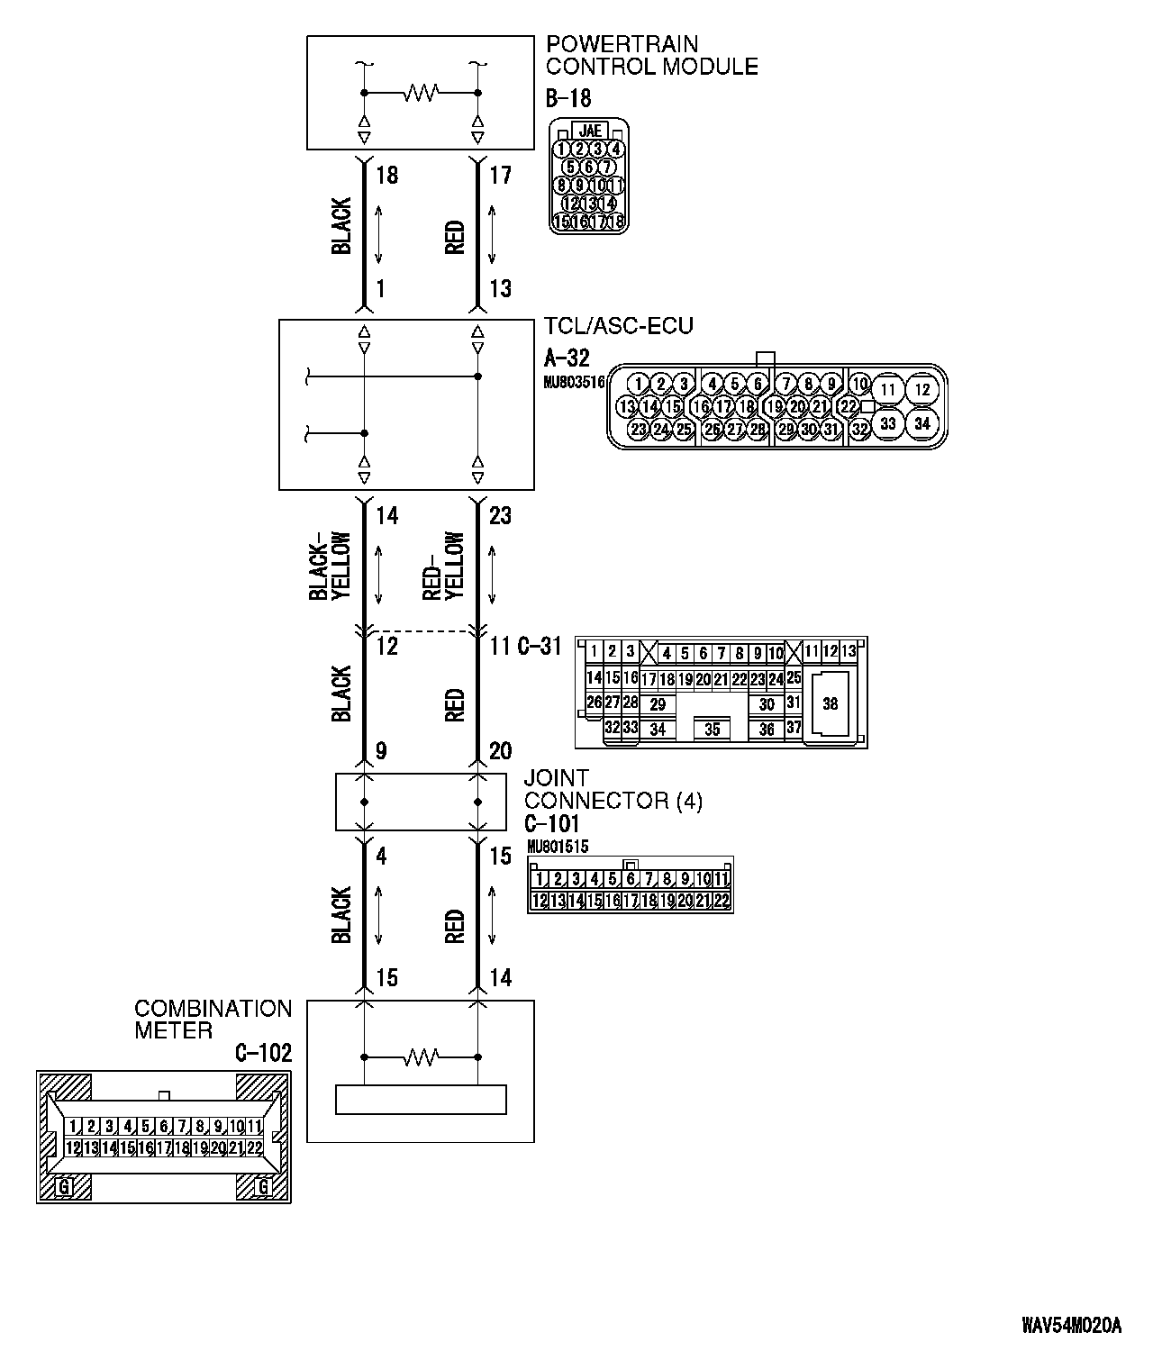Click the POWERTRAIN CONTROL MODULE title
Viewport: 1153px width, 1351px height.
click(651, 55)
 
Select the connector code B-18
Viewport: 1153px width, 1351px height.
click(568, 97)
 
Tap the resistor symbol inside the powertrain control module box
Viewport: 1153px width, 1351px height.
click(421, 93)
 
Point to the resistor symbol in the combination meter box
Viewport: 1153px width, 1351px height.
click(421, 1056)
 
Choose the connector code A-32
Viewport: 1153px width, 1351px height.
click(567, 358)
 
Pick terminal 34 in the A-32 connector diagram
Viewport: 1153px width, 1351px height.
click(921, 422)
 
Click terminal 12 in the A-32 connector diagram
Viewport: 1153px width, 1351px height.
click(921, 389)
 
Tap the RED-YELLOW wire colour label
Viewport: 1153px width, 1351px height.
click(444, 567)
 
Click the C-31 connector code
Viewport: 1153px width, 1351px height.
click(540, 647)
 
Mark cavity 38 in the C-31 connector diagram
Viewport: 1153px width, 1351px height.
click(830, 703)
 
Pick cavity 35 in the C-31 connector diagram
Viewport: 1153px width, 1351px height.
click(712, 730)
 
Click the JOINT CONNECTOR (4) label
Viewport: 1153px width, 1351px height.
click(613, 789)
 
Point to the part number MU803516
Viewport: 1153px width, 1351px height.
click(574, 382)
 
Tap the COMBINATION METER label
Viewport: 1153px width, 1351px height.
click(213, 1020)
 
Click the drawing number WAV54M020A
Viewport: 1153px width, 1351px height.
click(1071, 1325)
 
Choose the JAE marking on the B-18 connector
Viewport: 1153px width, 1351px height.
click(590, 131)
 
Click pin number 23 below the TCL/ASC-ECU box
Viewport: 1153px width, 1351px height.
click(500, 516)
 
